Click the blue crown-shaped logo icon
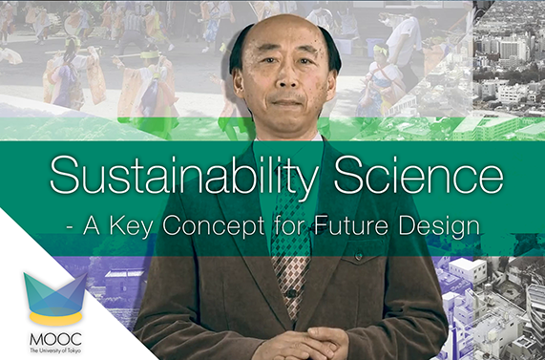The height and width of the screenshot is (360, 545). [52, 291]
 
